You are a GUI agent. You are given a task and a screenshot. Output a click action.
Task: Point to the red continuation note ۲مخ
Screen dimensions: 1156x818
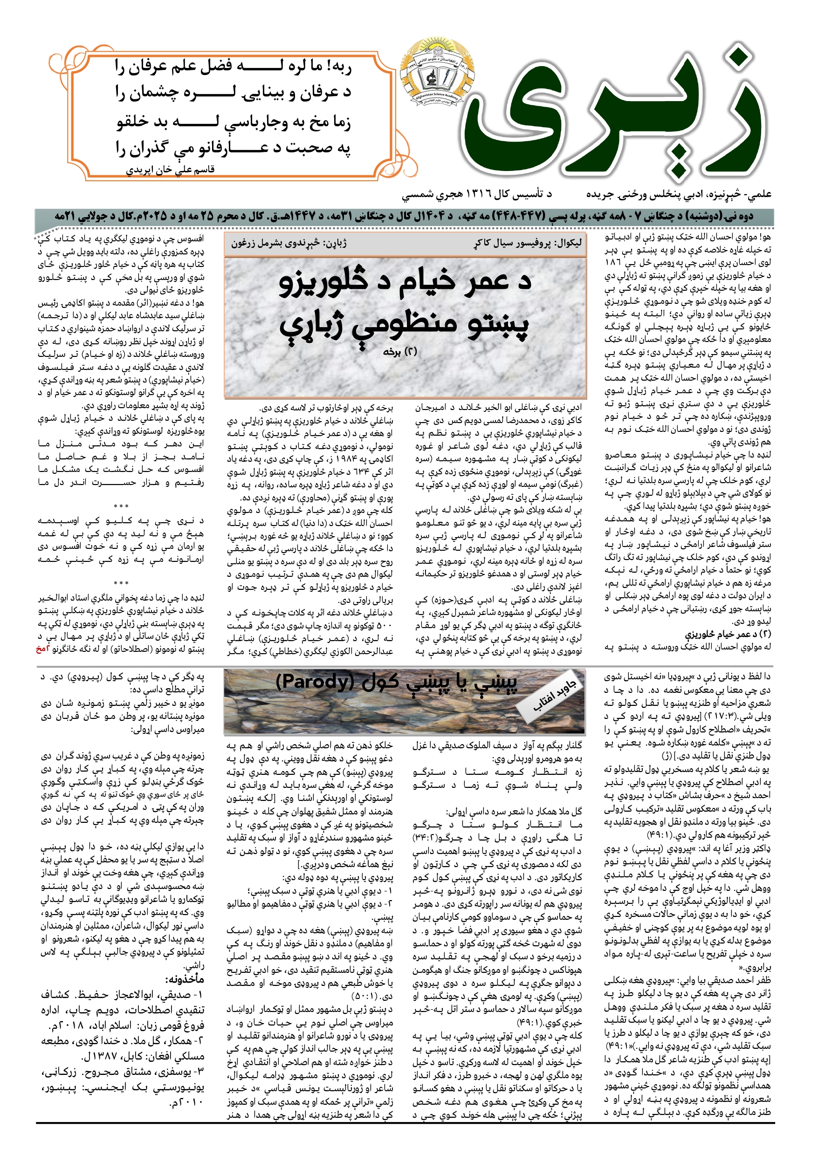[x=41, y=650]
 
